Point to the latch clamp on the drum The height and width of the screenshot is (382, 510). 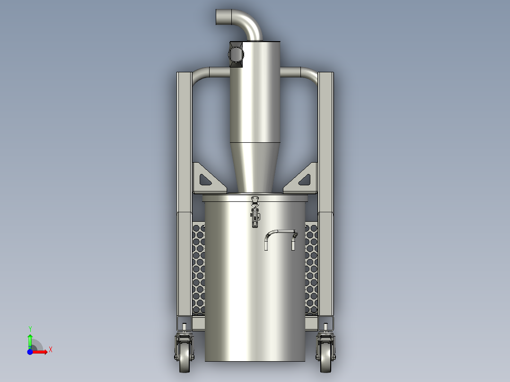pos(255,213)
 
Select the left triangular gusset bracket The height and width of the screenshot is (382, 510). pos(206,179)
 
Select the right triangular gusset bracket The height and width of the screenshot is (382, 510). pos(303,179)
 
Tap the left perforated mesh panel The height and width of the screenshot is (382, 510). pos(199,269)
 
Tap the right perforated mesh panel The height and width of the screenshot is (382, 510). pos(311,269)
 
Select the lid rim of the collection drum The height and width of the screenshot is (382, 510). pos(255,198)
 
